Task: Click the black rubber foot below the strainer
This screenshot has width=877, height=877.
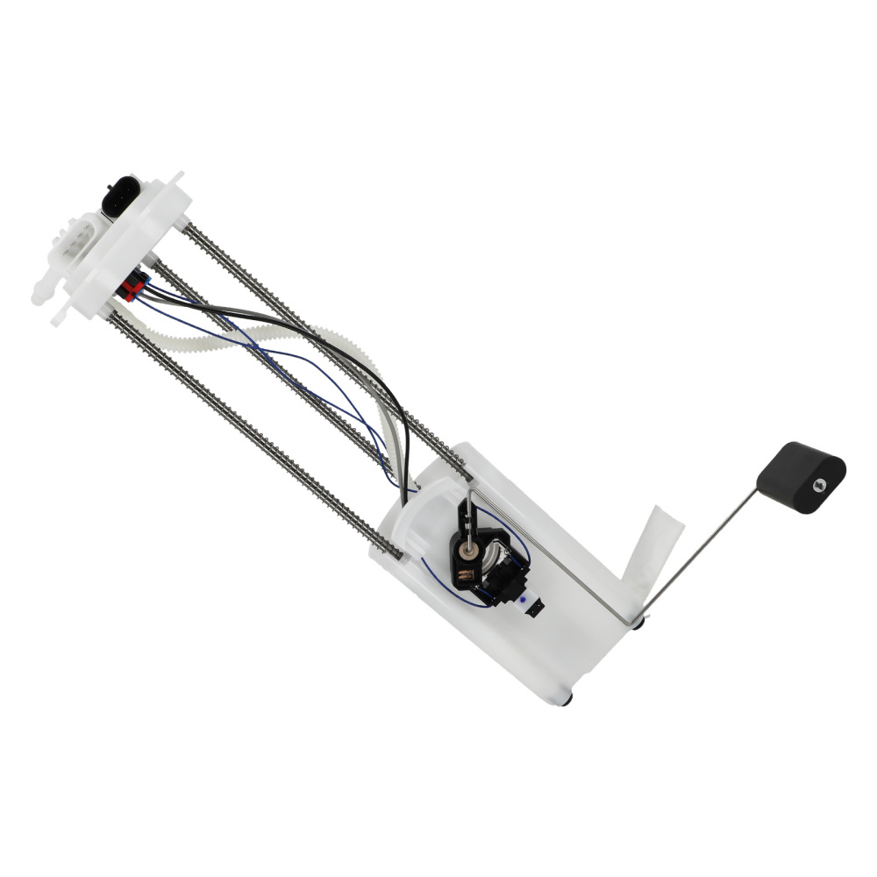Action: click(639, 624)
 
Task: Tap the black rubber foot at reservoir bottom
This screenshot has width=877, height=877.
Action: click(565, 699)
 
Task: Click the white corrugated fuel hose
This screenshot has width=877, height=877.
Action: click(263, 339)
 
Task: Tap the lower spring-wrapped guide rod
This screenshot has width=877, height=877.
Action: click(254, 430)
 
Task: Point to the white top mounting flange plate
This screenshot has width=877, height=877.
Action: click(140, 246)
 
